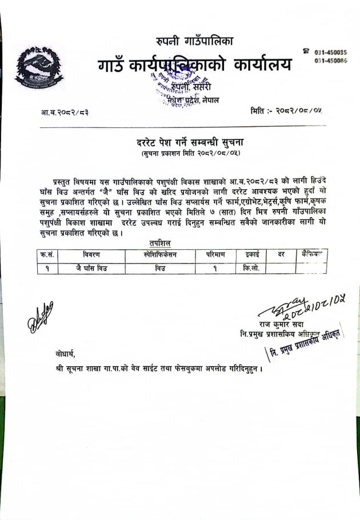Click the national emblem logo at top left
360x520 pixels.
(39, 67)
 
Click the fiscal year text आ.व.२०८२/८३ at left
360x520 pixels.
(62, 112)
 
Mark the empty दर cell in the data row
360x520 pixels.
(280, 267)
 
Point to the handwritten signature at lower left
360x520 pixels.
(40, 315)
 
